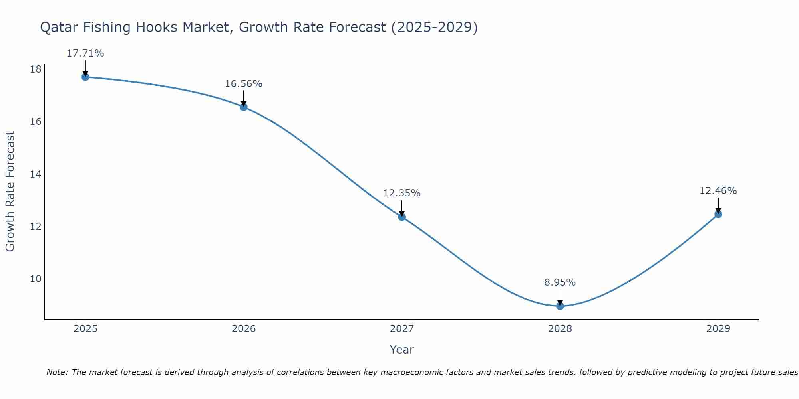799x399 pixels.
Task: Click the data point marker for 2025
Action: (85, 77)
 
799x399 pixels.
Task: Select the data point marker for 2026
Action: (244, 107)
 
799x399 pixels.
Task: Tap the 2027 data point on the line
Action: (402, 217)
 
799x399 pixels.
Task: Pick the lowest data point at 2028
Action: (560, 306)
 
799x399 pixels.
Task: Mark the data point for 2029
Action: (718, 214)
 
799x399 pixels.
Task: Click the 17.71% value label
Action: (85, 53)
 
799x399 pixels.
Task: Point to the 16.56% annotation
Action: (244, 84)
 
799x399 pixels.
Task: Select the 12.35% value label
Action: (402, 193)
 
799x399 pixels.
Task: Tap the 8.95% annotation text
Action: (560, 282)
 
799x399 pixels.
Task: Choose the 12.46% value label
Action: (718, 191)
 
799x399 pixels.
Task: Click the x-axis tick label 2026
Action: (244, 329)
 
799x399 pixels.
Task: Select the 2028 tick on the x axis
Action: (560, 329)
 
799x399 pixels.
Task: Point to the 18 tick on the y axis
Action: (36, 69)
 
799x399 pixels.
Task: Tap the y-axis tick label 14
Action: (36, 174)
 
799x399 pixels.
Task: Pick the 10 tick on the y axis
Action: (36, 279)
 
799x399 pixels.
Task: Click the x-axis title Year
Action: (402, 350)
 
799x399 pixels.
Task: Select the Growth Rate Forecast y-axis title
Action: (10, 192)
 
